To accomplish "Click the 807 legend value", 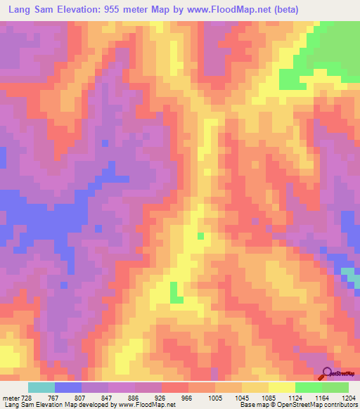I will coord(80,397).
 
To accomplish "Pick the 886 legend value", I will coord(134,397).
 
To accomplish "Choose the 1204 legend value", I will coord(349,397).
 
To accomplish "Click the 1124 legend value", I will coord(295,397).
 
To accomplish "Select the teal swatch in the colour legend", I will coord(41,387).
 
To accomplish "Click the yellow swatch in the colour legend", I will coord(282,387).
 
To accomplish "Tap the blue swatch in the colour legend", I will coord(68,387).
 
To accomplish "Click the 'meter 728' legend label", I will coord(17,397).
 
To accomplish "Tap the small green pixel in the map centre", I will coord(201,236).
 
